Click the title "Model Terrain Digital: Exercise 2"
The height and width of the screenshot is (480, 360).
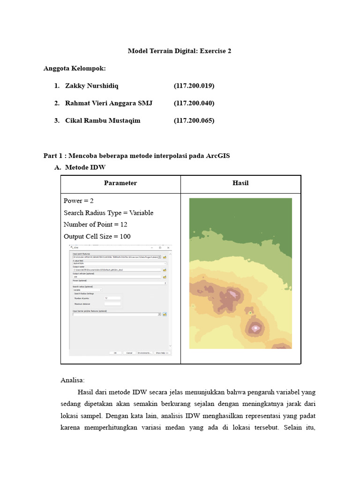click(180, 51)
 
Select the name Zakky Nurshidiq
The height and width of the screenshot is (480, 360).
click(92, 86)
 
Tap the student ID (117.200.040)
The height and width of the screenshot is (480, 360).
click(194, 103)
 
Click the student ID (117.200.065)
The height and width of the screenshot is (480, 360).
click(194, 120)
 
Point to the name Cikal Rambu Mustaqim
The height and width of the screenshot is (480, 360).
click(103, 120)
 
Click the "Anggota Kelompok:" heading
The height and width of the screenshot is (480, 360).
click(75, 68)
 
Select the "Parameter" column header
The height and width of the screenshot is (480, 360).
click(120, 183)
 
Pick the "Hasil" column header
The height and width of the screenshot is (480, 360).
click(240, 183)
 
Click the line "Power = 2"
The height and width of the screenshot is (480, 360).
click(79, 201)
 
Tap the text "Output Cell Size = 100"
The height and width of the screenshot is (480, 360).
click(97, 236)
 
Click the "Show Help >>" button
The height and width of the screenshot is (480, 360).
click(162, 352)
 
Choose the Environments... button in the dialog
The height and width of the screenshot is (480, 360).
click(144, 352)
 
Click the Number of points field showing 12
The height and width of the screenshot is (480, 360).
click(112, 298)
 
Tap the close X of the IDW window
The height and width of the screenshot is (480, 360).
click(168, 247)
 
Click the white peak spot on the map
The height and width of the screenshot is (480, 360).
click(255, 328)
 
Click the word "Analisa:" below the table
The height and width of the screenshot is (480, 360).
click(73, 380)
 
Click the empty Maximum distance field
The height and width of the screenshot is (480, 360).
click(112, 304)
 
